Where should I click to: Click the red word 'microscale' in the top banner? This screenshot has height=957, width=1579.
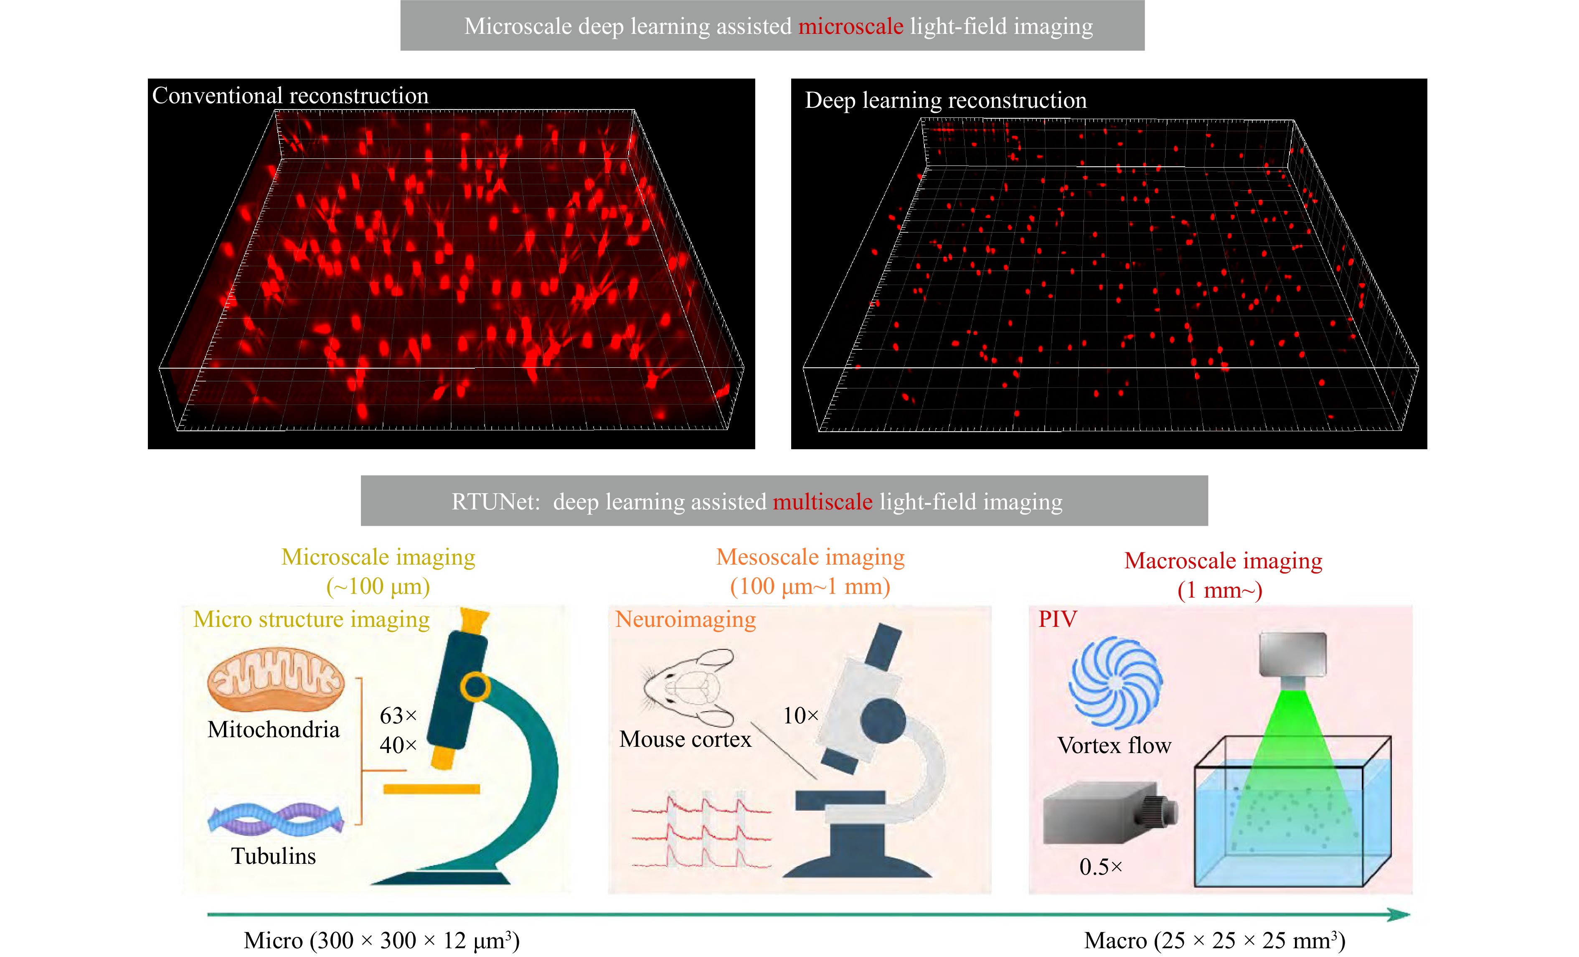(x=850, y=26)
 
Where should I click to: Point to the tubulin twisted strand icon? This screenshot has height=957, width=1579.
(x=276, y=819)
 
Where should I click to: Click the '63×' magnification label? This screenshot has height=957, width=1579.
(x=398, y=715)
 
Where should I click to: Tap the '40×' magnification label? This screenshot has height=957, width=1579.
(x=398, y=745)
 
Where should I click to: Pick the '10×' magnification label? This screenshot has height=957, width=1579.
(x=800, y=715)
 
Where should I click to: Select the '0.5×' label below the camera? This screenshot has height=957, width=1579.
(x=1100, y=867)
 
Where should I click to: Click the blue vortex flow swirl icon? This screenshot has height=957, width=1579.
(x=1115, y=683)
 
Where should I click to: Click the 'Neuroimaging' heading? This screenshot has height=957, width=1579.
(x=685, y=619)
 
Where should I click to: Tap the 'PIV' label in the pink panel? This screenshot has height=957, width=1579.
(x=1057, y=619)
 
